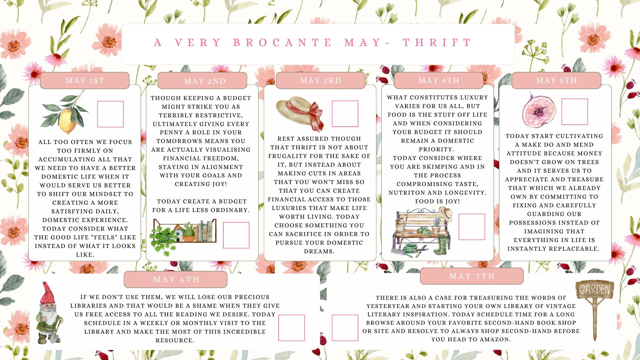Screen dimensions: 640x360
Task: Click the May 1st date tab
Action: click(x=85, y=80)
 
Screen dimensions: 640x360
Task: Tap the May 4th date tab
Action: click(x=439, y=80)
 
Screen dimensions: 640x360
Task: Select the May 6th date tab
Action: click(x=176, y=279)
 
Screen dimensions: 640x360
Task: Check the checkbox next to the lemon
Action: click(x=110, y=114)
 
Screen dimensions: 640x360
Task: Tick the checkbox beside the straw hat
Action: click(x=345, y=114)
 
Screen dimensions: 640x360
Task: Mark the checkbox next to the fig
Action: click(x=575, y=112)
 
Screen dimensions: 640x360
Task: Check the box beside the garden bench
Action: click(x=472, y=227)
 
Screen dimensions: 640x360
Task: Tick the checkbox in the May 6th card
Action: click(x=292, y=328)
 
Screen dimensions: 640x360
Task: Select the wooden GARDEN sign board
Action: click(x=595, y=289)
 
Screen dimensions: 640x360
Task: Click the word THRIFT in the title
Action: click(x=437, y=43)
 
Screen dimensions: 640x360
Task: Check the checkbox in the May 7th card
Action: click(x=345, y=328)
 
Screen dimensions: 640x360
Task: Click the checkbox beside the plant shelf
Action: click(x=236, y=235)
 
